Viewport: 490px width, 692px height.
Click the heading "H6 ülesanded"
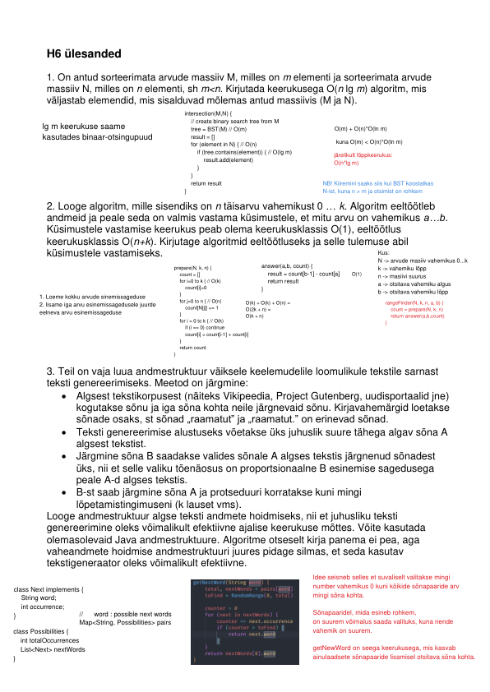coord(84,53)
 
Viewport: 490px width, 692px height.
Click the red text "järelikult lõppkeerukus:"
coord(363,155)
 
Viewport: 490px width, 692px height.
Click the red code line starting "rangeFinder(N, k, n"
coord(414,303)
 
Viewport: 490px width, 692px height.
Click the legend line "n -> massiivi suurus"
coord(406,277)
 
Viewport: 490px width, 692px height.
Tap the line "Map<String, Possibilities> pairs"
coord(124,622)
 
